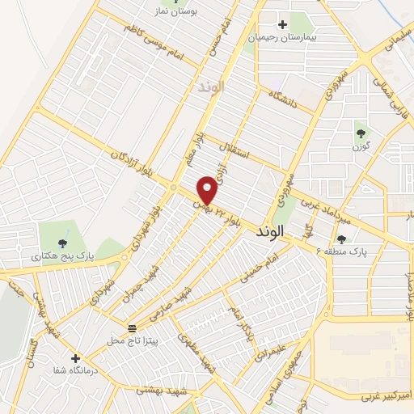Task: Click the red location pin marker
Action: pos(208,189)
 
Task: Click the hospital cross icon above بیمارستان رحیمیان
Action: pos(282,25)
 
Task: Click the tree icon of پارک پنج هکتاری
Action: pos(61,242)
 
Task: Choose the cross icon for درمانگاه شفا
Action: pos(75,357)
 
